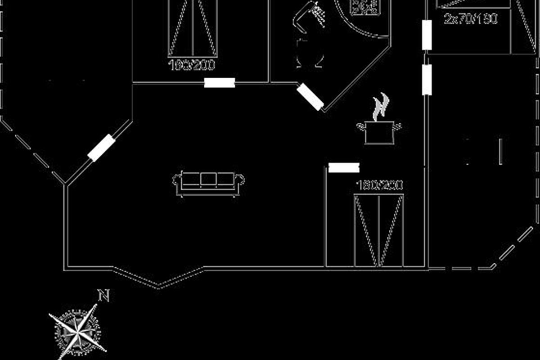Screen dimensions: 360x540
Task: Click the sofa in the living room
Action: point(208,182)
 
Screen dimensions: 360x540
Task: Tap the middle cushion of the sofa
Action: point(208,179)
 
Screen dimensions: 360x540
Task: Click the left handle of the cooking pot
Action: point(361,126)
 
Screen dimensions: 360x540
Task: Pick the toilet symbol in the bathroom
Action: point(310,54)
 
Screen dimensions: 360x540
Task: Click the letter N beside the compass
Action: point(104,296)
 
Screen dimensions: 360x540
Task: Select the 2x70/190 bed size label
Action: point(471,19)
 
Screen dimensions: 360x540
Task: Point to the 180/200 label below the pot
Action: point(379,185)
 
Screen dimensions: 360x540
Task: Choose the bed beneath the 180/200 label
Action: point(378,230)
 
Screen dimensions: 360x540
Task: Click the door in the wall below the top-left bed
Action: point(220,83)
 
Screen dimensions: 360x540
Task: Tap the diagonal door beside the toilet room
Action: point(310,97)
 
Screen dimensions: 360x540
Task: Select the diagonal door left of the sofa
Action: point(102,148)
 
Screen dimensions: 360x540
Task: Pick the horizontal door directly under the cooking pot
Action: point(344,168)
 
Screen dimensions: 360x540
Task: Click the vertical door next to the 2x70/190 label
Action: point(427,35)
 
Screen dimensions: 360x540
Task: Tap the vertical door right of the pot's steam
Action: point(427,80)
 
